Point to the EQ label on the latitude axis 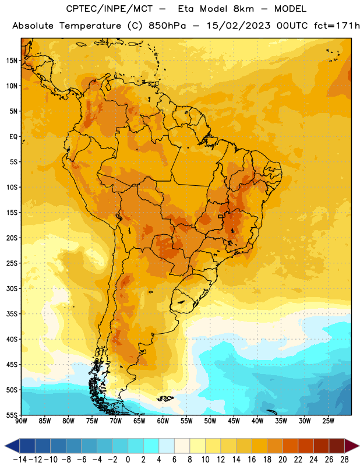(13, 137)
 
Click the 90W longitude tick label (21, 421)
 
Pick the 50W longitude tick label (210, 421)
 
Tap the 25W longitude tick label (328, 421)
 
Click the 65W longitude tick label (139, 421)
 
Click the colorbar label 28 (344, 460)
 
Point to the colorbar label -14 (19, 460)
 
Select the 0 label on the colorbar (128, 460)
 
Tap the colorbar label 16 (252, 460)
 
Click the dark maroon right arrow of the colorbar (352, 446)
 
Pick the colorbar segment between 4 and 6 (167, 446)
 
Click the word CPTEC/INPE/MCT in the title (110, 9)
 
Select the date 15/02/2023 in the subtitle (238, 26)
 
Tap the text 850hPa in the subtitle (167, 26)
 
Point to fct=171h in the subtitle (337, 26)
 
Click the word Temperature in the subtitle (90, 26)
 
